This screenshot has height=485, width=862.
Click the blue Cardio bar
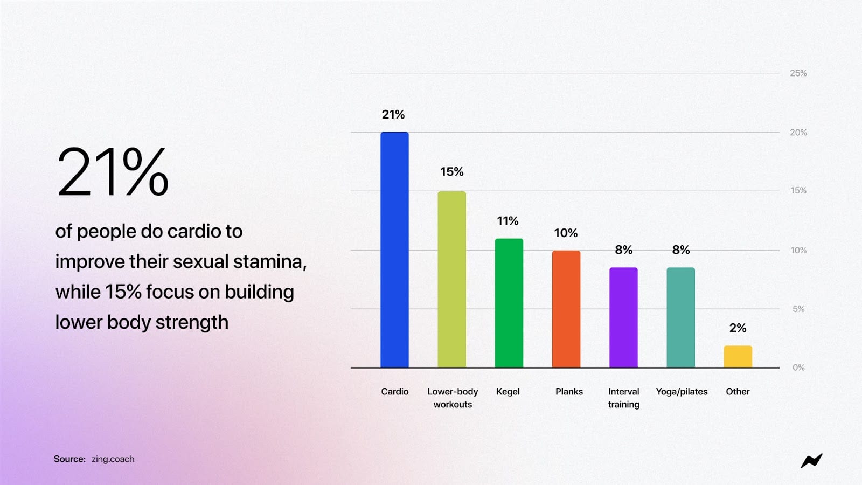click(394, 250)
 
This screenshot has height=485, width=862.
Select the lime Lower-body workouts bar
click(451, 279)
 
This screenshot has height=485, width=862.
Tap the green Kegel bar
click(509, 303)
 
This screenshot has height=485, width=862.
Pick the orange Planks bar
click(566, 309)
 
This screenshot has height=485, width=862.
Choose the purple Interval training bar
click(623, 317)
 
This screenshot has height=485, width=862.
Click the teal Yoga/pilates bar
click(680, 317)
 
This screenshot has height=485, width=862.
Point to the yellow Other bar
click(738, 356)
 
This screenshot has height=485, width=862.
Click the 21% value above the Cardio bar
click(393, 115)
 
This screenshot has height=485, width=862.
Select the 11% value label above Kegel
click(508, 221)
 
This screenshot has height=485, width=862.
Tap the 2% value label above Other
click(738, 328)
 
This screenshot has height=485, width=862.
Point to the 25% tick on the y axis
click(798, 73)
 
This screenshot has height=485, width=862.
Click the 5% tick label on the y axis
click(798, 309)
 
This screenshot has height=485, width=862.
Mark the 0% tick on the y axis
click(798, 368)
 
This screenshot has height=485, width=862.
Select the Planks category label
click(569, 392)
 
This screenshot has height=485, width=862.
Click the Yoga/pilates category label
click(682, 392)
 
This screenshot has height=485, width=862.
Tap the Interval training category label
click(623, 398)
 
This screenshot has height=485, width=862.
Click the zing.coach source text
click(113, 459)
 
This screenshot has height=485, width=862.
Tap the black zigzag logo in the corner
click(811, 461)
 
